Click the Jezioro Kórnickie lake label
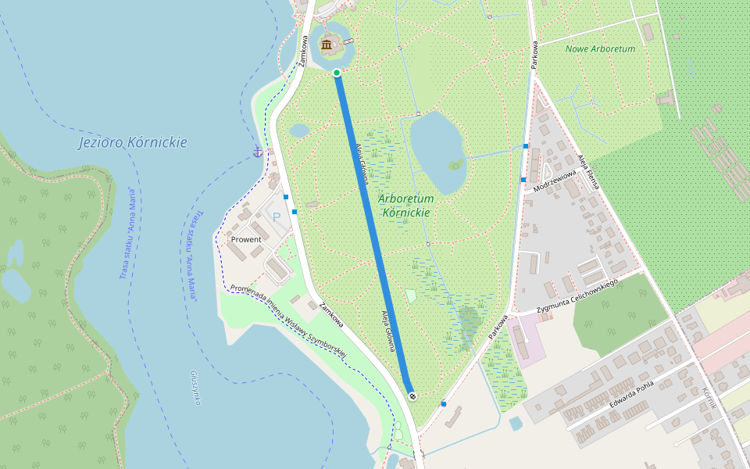point(132,142)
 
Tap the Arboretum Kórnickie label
point(405,205)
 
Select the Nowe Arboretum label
point(600,48)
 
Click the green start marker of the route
point(337,73)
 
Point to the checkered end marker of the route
point(412,396)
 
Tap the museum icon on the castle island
point(327,45)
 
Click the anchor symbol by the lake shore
point(257,151)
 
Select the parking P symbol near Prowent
point(273,217)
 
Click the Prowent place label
point(246,239)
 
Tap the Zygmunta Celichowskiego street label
point(577,296)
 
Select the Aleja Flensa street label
point(588,171)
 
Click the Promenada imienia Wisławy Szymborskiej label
point(288,322)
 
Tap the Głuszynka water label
point(195,388)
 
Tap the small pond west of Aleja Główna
point(299,131)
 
